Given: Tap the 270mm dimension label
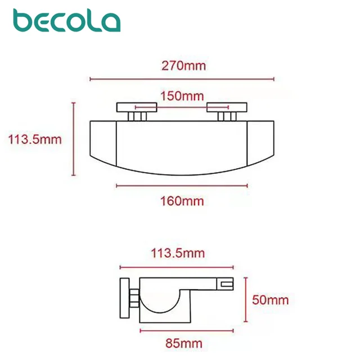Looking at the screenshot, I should click(183, 66).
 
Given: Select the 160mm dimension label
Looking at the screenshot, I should click(182, 201).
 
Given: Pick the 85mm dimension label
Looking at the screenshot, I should click(183, 343).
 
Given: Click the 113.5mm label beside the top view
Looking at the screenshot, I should click(34, 139).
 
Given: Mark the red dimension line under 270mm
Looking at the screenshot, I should click(182, 79).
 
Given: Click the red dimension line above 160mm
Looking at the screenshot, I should click(182, 185).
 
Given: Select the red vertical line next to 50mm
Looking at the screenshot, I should click(245, 300).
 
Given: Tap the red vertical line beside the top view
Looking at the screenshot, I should click(74, 138).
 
